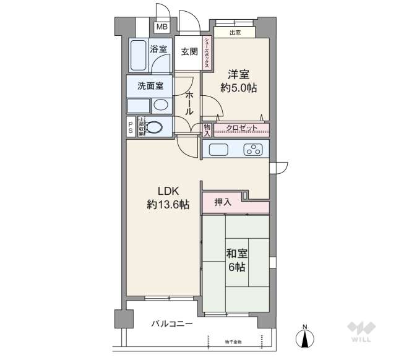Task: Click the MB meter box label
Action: pos(161,27)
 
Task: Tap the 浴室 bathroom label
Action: pos(158,49)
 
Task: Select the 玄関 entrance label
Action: pos(189,53)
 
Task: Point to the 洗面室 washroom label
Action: pos(150,85)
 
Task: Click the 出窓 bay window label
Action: pos(235,32)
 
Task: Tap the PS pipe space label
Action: pos(131,127)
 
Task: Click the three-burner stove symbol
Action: pos(254,149)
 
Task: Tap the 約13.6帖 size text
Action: pos(168,205)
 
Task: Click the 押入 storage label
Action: pos(223,202)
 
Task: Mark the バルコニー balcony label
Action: pos(173,324)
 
